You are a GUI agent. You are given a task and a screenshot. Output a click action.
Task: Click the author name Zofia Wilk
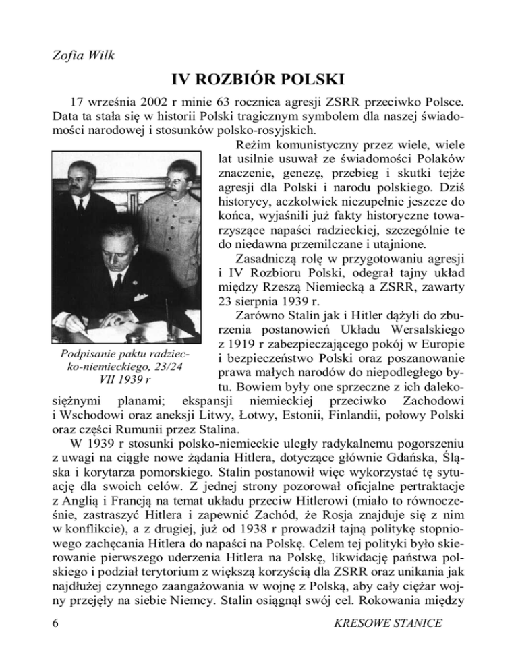[80, 53]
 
